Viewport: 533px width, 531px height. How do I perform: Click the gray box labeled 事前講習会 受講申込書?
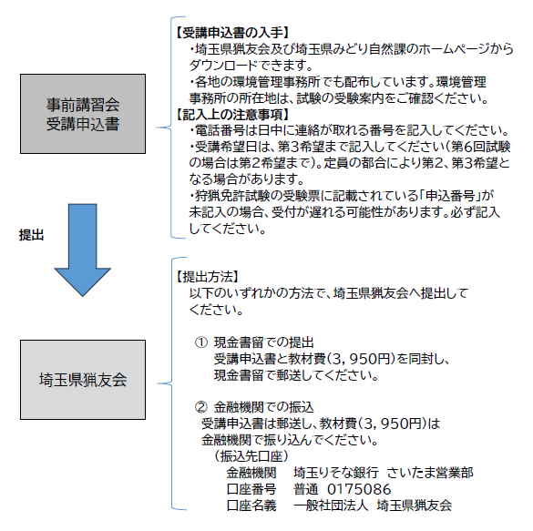(83, 114)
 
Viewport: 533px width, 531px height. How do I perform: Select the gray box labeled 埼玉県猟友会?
(83, 380)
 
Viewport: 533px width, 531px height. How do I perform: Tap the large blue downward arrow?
(82, 250)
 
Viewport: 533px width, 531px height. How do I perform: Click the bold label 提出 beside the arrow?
(31, 235)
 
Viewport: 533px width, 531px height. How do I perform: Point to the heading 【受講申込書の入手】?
(232, 33)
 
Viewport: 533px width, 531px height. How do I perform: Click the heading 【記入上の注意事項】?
(232, 115)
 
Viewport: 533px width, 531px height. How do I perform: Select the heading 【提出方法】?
(208, 277)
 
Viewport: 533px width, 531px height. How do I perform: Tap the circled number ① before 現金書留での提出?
(200, 342)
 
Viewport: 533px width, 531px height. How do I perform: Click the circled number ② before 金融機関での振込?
(200, 407)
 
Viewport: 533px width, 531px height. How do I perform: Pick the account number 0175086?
(359, 489)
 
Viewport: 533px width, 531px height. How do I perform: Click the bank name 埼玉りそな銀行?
(336, 473)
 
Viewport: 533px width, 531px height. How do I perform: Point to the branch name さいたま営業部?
(430, 473)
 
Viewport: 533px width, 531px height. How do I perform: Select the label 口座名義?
(251, 505)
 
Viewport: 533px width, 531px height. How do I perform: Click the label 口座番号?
(251, 489)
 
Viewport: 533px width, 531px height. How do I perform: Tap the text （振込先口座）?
(251, 456)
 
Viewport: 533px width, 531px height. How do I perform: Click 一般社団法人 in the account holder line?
(331, 505)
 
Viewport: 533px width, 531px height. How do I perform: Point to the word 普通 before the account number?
(305, 489)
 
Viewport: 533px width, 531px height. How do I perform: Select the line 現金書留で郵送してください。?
(296, 375)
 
